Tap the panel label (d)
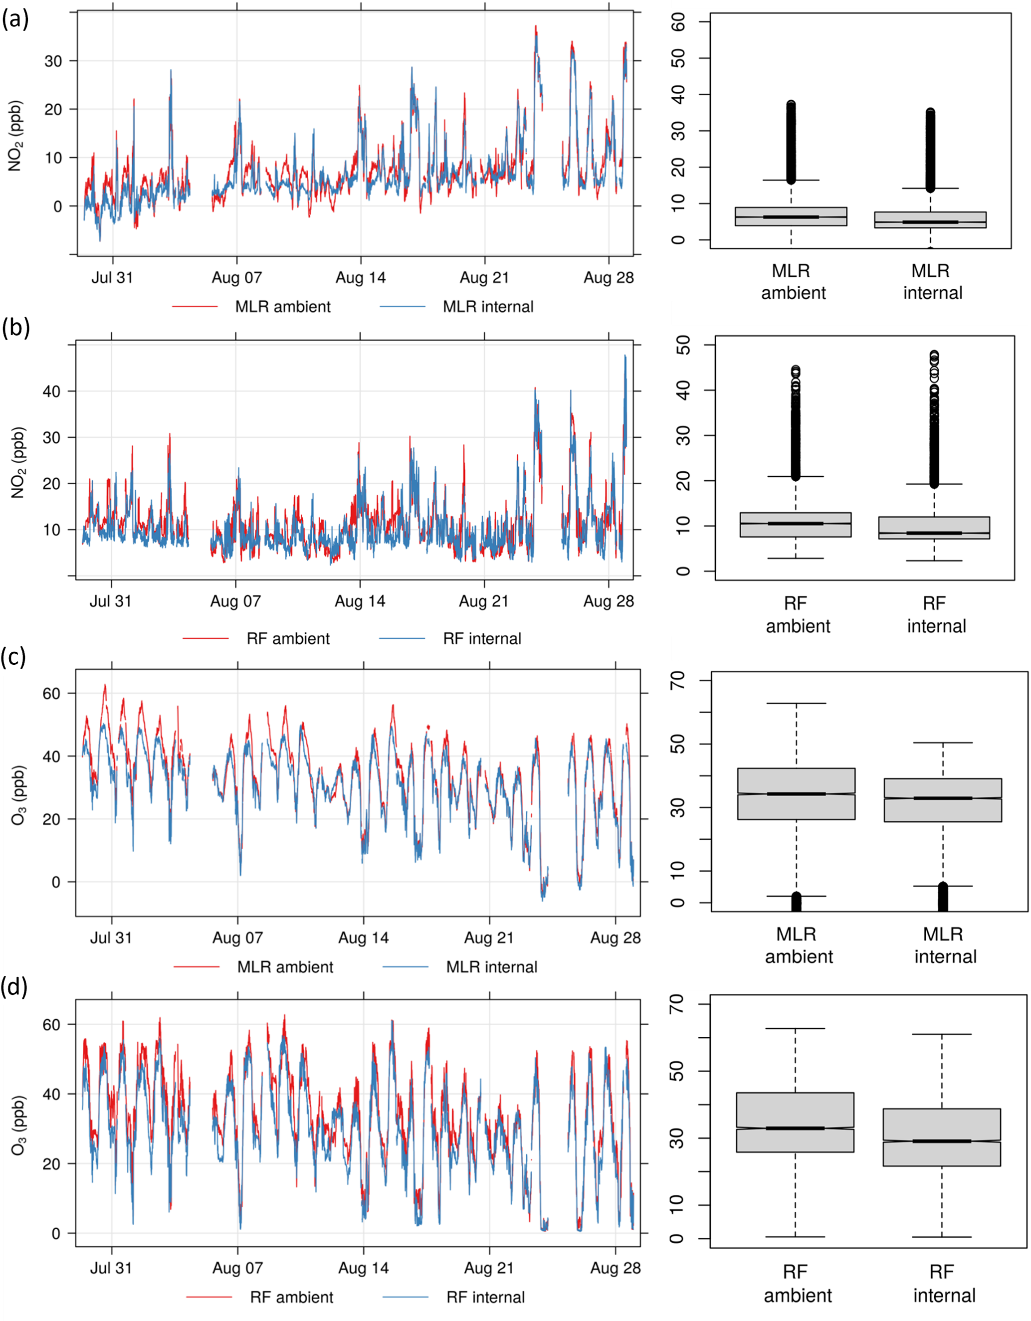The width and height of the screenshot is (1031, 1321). [x=15, y=986]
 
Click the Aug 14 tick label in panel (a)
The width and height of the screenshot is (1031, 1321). [x=361, y=278]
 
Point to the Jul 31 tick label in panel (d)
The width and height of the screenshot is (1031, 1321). [x=111, y=1268]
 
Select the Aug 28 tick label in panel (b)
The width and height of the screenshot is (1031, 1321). [x=608, y=601]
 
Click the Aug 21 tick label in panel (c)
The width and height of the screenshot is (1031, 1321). [x=489, y=938]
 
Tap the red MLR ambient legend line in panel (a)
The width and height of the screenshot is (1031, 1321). [x=195, y=307]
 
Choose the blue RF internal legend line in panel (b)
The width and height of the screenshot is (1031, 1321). [x=403, y=638]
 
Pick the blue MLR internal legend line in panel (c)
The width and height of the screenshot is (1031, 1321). [x=406, y=966]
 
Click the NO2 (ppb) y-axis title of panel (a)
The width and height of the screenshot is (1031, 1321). [x=14, y=136]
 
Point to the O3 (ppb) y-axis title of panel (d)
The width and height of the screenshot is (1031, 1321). [x=18, y=1125]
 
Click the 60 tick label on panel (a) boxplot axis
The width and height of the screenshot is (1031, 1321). [x=679, y=22]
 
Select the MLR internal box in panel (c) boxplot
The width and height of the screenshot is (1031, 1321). [x=943, y=799]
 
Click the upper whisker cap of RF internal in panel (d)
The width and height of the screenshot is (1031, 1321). [x=942, y=1034]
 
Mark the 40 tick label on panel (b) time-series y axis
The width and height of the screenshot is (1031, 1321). [x=51, y=391]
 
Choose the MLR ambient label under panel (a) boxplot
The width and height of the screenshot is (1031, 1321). [x=793, y=282]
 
